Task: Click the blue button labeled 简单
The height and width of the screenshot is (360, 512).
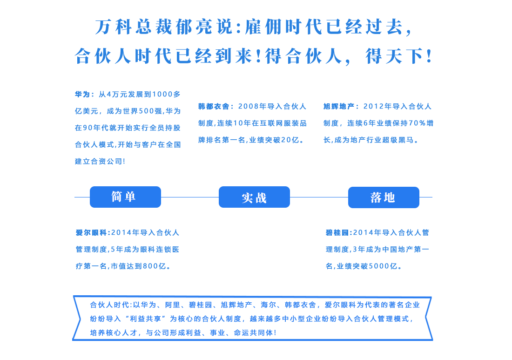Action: coord(125,197)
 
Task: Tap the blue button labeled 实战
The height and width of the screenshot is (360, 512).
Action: coord(254,197)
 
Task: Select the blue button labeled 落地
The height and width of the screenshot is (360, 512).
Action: coord(384,197)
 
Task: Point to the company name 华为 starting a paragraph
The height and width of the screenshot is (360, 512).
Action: coord(82,95)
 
